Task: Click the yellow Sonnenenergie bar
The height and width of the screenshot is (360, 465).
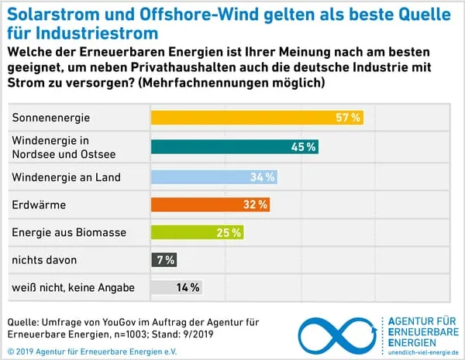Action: (256, 118)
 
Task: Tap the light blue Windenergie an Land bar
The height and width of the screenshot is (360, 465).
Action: (213, 177)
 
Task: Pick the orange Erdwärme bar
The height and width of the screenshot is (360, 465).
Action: (209, 205)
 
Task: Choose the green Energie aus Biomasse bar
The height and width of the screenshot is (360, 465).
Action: (196, 232)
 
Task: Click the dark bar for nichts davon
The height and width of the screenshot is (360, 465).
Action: (163, 259)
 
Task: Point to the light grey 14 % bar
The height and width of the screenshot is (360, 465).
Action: (176, 287)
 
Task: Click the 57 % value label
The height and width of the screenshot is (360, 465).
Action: (348, 118)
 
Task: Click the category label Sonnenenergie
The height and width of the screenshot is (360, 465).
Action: (51, 118)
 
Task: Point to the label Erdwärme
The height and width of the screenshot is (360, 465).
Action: (37, 205)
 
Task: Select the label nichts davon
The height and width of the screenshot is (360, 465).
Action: (44, 259)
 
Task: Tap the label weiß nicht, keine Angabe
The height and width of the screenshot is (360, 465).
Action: (73, 287)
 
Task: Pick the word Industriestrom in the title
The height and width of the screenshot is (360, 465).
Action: (94, 33)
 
